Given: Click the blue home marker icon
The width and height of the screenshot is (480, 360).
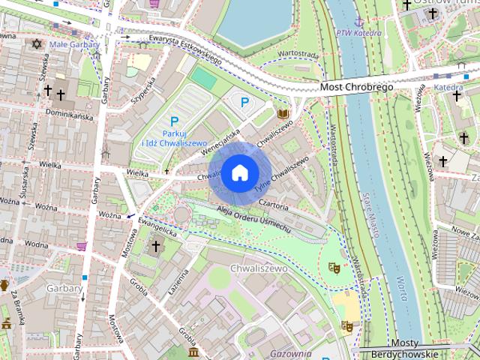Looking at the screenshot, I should (x=238, y=172).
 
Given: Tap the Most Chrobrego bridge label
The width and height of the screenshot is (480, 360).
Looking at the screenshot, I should (x=356, y=88).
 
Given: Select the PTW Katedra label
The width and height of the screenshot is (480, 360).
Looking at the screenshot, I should (x=354, y=32).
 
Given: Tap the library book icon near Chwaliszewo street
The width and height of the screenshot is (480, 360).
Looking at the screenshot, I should (x=283, y=114).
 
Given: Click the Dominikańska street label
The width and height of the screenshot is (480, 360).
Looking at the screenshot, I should (x=69, y=116).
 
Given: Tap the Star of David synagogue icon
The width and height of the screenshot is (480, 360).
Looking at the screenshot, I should (x=34, y=44).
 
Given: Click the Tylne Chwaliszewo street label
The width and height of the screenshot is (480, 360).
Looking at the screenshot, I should (x=281, y=175).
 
